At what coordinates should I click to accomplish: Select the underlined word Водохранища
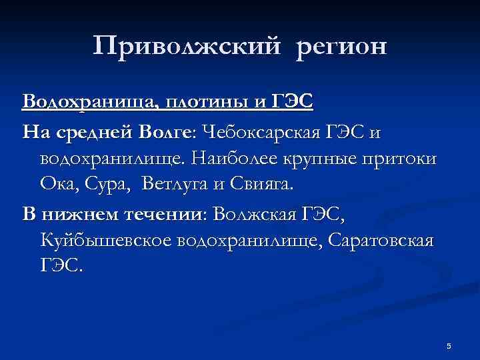pos(88,103)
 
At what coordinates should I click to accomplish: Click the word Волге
pos(163,133)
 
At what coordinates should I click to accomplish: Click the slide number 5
pos(449,345)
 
